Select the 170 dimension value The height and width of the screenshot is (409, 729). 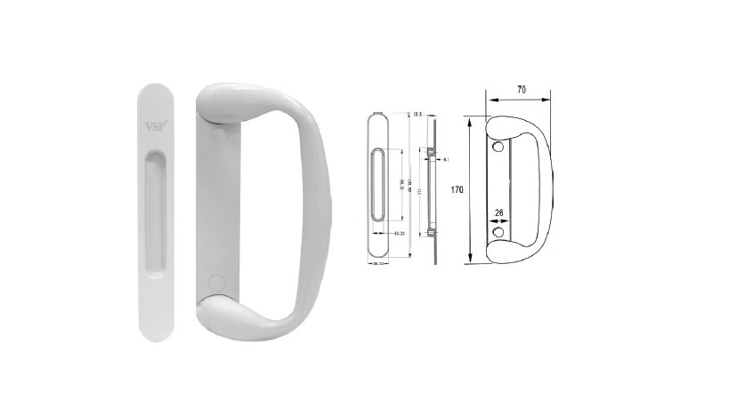pos(458,189)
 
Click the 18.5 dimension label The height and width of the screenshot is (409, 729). pos(418,115)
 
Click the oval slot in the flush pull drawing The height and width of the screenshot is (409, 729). pos(377,187)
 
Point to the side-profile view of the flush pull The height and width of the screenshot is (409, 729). pos(432,187)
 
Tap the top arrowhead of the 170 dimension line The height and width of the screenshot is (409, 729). pos(468,120)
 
